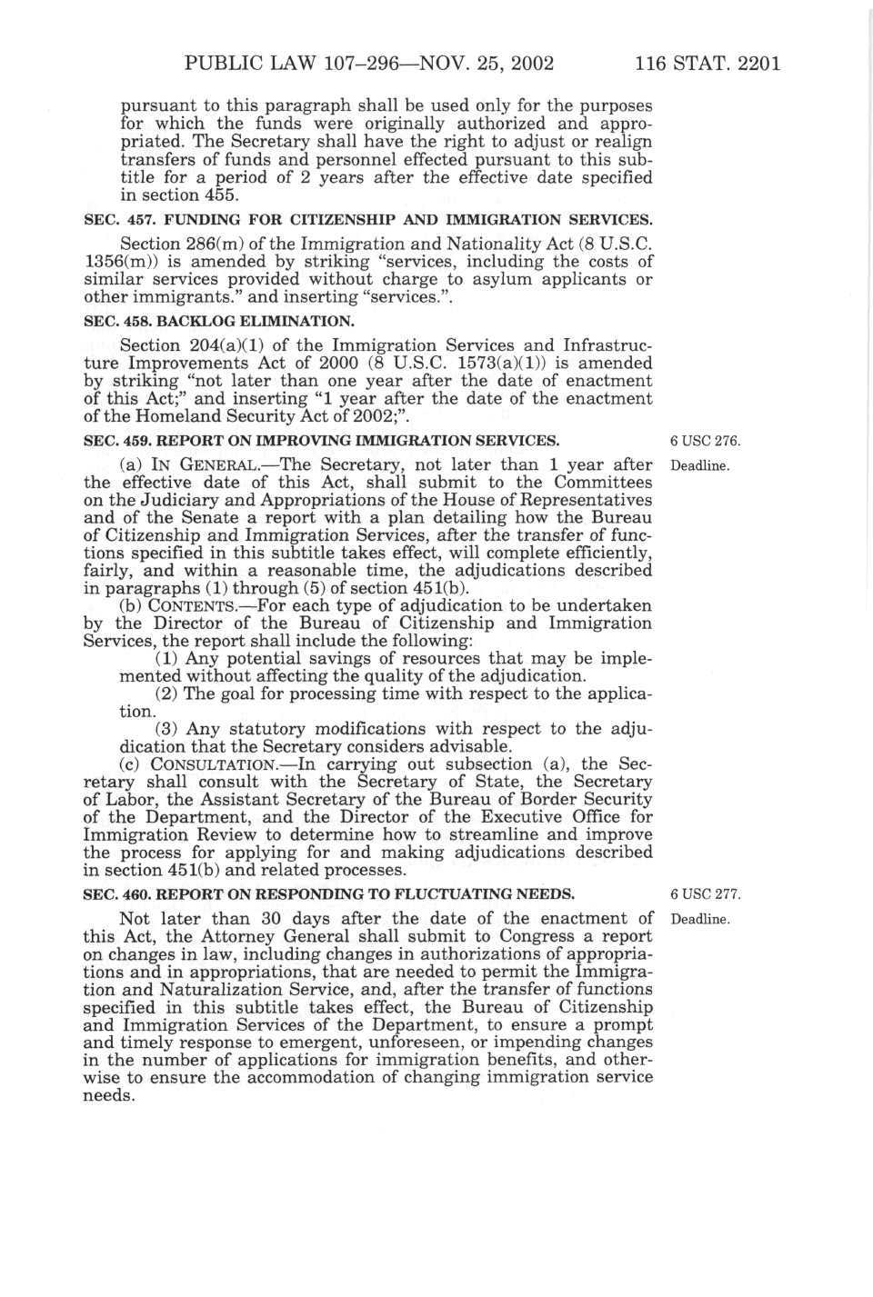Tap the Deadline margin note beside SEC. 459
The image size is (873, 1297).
pyautogui.click(x=700, y=465)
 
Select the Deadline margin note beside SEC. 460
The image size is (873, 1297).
pyautogui.click(x=700, y=919)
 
